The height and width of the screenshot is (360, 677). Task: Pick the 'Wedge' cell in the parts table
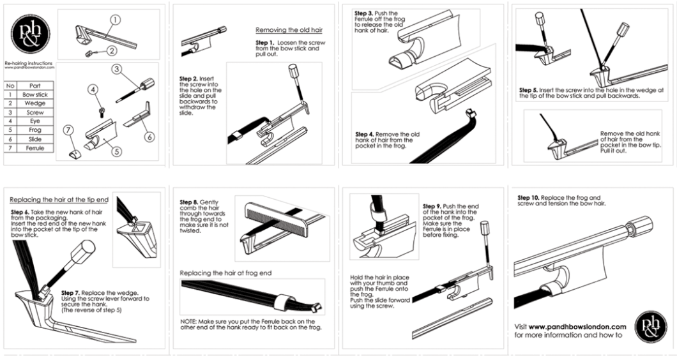pyautogui.click(x=34, y=103)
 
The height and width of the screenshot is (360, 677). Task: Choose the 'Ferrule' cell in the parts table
pyautogui.click(x=34, y=148)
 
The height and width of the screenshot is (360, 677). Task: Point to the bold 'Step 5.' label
pyautogui.click(x=529, y=90)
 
